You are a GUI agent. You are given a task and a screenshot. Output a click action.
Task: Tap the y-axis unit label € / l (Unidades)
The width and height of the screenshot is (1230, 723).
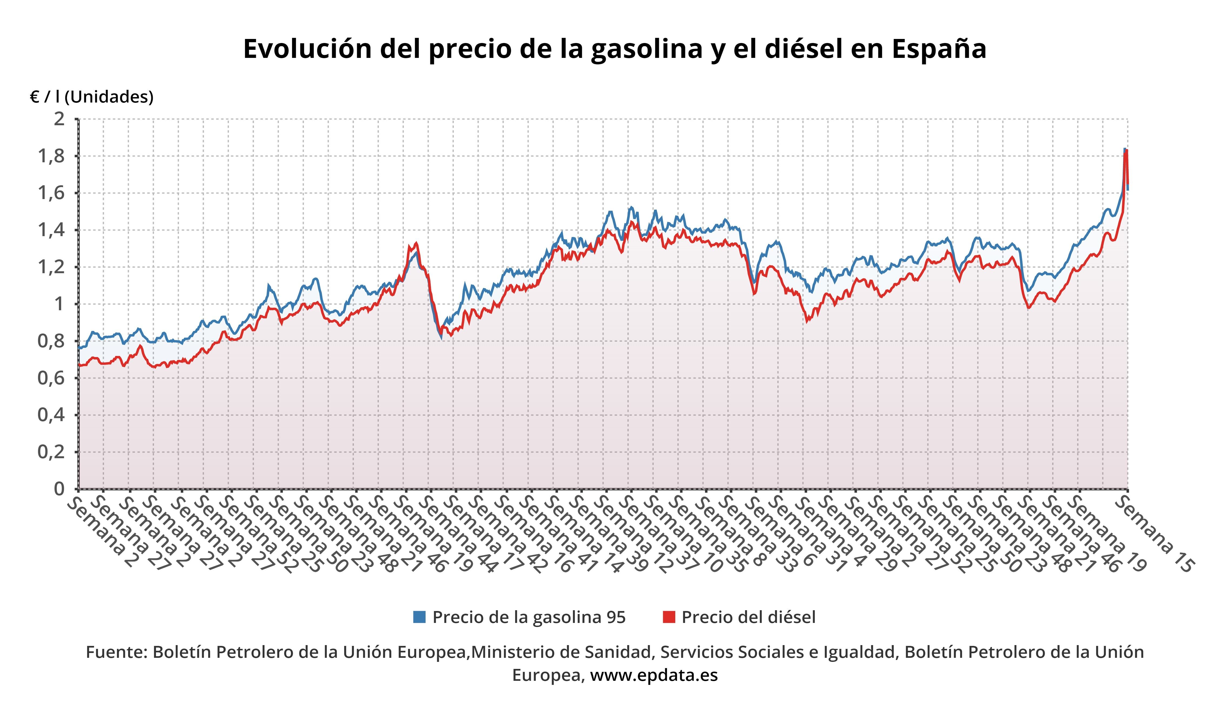click(x=92, y=97)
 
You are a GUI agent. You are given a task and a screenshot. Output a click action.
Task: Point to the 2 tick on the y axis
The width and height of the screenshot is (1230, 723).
click(x=59, y=119)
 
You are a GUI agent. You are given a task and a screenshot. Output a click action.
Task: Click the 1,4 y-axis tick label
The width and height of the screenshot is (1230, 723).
click(x=52, y=230)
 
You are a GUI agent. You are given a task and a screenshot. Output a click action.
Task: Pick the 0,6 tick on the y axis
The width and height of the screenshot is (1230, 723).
click(x=52, y=378)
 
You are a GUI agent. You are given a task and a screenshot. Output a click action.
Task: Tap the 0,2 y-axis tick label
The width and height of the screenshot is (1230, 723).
click(x=52, y=452)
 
